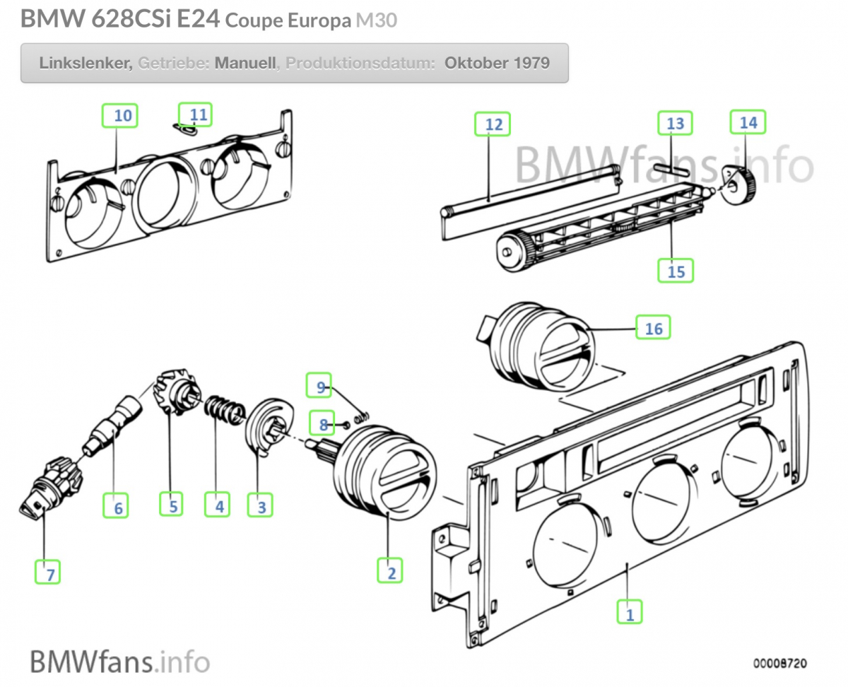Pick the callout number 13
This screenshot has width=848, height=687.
(676, 123)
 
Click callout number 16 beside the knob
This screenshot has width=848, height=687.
(653, 327)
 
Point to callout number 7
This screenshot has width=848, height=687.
(49, 573)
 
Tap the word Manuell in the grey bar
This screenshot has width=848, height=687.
(245, 62)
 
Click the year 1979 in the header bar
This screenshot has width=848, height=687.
(531, 62)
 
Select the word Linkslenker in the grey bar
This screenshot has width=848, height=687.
(85, 62)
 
